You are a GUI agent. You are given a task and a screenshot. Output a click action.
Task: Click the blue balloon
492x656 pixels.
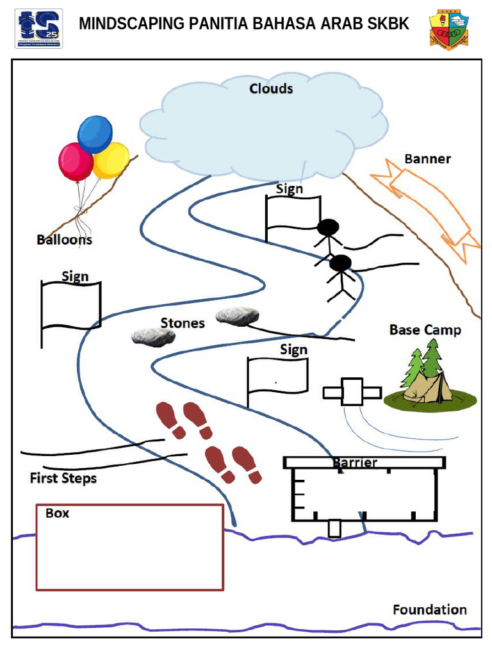pos(95,133)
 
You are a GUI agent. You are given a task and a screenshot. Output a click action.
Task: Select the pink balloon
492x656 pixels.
pos(75,161)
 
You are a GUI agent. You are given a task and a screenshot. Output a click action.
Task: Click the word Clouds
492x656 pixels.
pos(271,88)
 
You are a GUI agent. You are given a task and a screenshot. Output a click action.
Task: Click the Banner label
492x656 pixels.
pos(427,159)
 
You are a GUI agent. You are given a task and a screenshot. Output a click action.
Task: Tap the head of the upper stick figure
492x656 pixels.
pos(328,227)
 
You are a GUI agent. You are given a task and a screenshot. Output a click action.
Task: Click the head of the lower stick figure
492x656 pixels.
pos(340,263)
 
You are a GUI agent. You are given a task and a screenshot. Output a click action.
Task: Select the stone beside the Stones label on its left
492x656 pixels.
pos(153,337)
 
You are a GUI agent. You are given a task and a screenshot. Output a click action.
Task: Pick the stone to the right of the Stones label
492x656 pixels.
pos(238,315)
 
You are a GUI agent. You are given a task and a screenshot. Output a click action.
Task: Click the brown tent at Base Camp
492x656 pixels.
pos(426,387)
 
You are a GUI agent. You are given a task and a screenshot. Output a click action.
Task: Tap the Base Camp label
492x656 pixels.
pos(425,330)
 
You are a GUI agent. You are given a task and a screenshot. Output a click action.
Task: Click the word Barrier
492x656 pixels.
pos(355,463)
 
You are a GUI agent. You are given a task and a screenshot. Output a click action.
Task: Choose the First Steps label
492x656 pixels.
pos(63,478)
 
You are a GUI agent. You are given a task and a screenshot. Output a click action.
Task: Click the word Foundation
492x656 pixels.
pos(429,609)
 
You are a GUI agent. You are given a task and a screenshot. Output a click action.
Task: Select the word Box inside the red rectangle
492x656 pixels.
pos(57,513)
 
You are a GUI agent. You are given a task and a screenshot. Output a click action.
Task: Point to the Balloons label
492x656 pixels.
pos(64,240)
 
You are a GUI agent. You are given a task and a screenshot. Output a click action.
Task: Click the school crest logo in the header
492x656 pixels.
pos(448,29)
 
